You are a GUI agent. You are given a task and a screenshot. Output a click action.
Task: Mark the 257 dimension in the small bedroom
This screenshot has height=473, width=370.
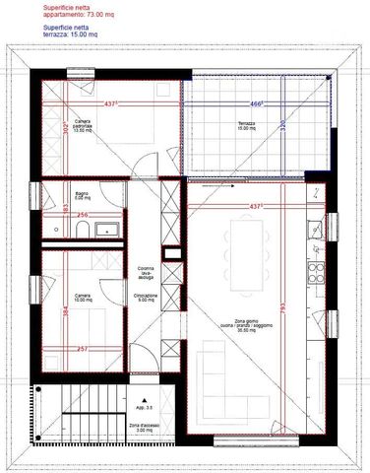pos(83,349)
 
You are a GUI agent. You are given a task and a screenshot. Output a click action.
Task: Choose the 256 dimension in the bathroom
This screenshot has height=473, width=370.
pos(84,215)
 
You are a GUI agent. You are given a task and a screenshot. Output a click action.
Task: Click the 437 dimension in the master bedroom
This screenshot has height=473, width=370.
pos(111,103)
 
